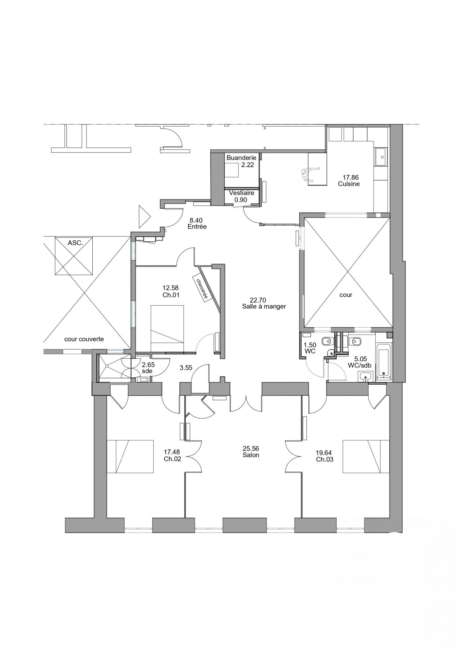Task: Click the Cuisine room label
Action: pyautogui.click(x=349, y=184)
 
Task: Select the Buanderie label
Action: pyautogui.click(x=241, y=158)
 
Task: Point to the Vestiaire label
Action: pyautogui.click(x=242, y=193)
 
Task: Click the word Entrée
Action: pyautogui.click(x=197, y=226)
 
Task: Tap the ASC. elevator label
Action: pyautogui.click(x=75, y=243)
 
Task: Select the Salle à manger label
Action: pyautogui.click(x=264, y=306)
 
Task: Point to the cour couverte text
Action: pyautogui.click(x=84, y=339)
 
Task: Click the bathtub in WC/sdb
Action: pyautogui.click(x=383, y=361)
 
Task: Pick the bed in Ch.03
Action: pyautogui.click(x=366, y=456)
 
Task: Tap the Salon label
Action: pyautogui.click(x=251, y=455)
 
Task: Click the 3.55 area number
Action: pyautogui.click(x=186, y=368)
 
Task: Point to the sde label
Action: pyautogui.click(x=147, y=371)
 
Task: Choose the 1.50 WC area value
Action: pyautogui.click(x=310, y=345)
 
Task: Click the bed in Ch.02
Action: pyautogui.click(x=130, y=456)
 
